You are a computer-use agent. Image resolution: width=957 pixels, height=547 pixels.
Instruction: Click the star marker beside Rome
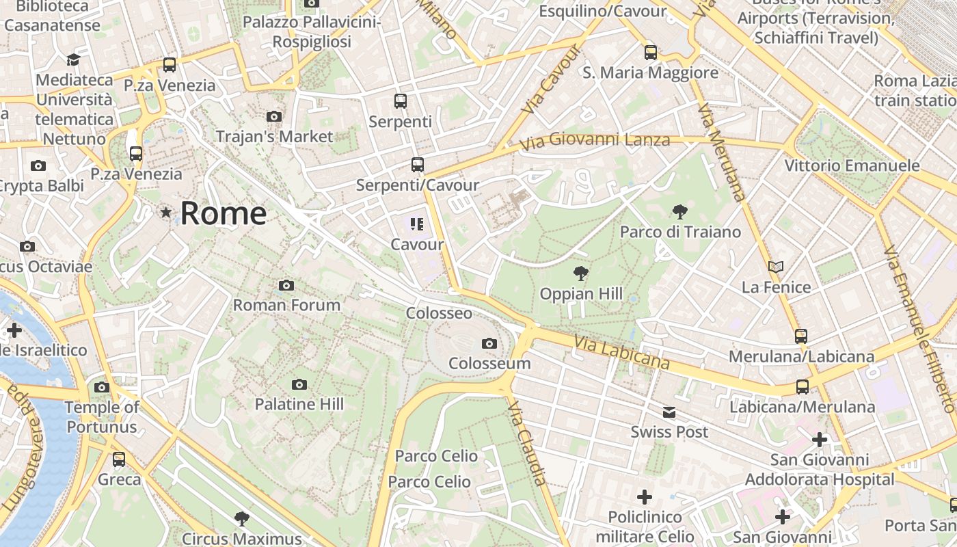pyautogui.click(x=165, y=213)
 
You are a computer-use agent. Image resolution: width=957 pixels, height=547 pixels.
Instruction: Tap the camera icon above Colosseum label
pyautogui.click(x=489, y=343)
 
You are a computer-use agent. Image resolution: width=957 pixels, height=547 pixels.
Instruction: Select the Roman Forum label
pyautogui.click(x=286, y=305)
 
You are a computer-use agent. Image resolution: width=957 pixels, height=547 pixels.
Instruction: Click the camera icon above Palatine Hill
pyautogui.click(x=299, y=385)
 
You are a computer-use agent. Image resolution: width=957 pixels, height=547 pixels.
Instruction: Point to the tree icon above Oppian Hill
pyautogui.click(x=580, y=274)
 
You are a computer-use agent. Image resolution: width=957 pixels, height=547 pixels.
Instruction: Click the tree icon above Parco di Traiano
pyautogui.click(x=679, y=212)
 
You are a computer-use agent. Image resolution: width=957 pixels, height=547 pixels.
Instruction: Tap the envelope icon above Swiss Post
pyautogui.click(x=669, y=412)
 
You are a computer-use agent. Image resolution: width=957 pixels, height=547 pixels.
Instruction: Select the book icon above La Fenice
pyautogui.click(x=776, y=267)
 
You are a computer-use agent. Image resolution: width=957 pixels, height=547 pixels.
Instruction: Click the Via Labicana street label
pyautogui.click(x=621, y=351)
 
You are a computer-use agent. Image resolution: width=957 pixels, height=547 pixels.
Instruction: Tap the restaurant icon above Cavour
pyautogui.click(x=417, y=224)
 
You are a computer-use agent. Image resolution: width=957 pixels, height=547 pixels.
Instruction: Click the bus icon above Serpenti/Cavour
pyautogui.click(x=417, y=165)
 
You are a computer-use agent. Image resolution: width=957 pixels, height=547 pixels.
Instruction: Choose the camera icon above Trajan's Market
pyautogui.click(x=274, y=116)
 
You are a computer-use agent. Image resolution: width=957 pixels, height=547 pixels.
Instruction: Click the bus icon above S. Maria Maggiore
pyautogui.click(x=651, y=52)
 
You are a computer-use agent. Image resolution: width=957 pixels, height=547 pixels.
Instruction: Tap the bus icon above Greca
pyautogui.click(x=119, y=459)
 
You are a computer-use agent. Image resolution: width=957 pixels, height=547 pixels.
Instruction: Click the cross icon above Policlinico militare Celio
pyautogui.click(x=644, y=497)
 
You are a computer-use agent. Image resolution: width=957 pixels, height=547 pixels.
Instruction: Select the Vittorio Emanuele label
pyautogui.click(x=852, y=165)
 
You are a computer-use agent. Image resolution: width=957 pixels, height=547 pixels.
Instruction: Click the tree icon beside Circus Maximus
pyautogui.click(x=241, y=519)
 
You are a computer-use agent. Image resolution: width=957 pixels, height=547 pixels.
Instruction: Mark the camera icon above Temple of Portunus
pyautogui.click(x=102, y=388)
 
